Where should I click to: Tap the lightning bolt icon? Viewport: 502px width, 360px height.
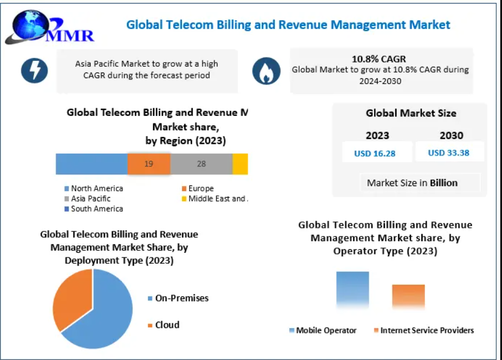coord(34,70)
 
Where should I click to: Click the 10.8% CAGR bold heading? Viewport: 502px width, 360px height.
coord(379,59)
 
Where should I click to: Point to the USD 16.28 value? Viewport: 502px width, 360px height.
coord(375,153)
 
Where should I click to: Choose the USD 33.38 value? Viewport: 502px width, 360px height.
coord(449,153)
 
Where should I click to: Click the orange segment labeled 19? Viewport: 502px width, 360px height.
coord(149,164)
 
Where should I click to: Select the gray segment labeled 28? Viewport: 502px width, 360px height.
coord(201,164)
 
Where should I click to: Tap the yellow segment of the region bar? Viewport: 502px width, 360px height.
coord(240,164)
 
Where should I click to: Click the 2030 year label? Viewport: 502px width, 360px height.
coord(451,136)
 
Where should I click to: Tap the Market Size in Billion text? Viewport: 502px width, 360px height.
coord(412,183)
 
